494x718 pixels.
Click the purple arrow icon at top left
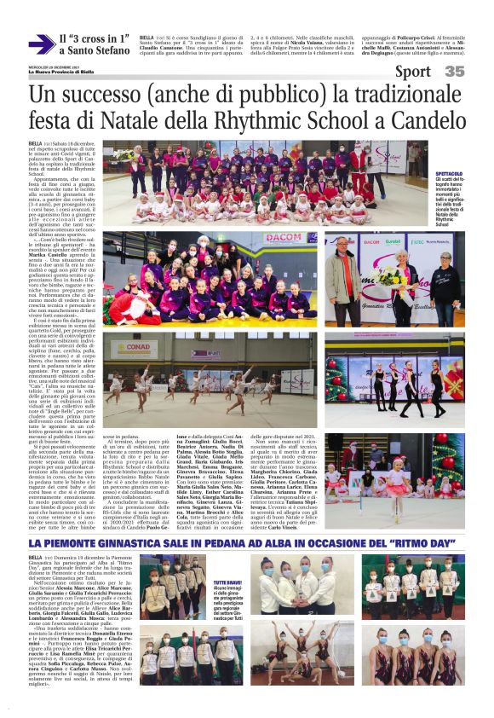click(40, 44)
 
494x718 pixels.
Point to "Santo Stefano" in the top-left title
click(93, 51)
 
